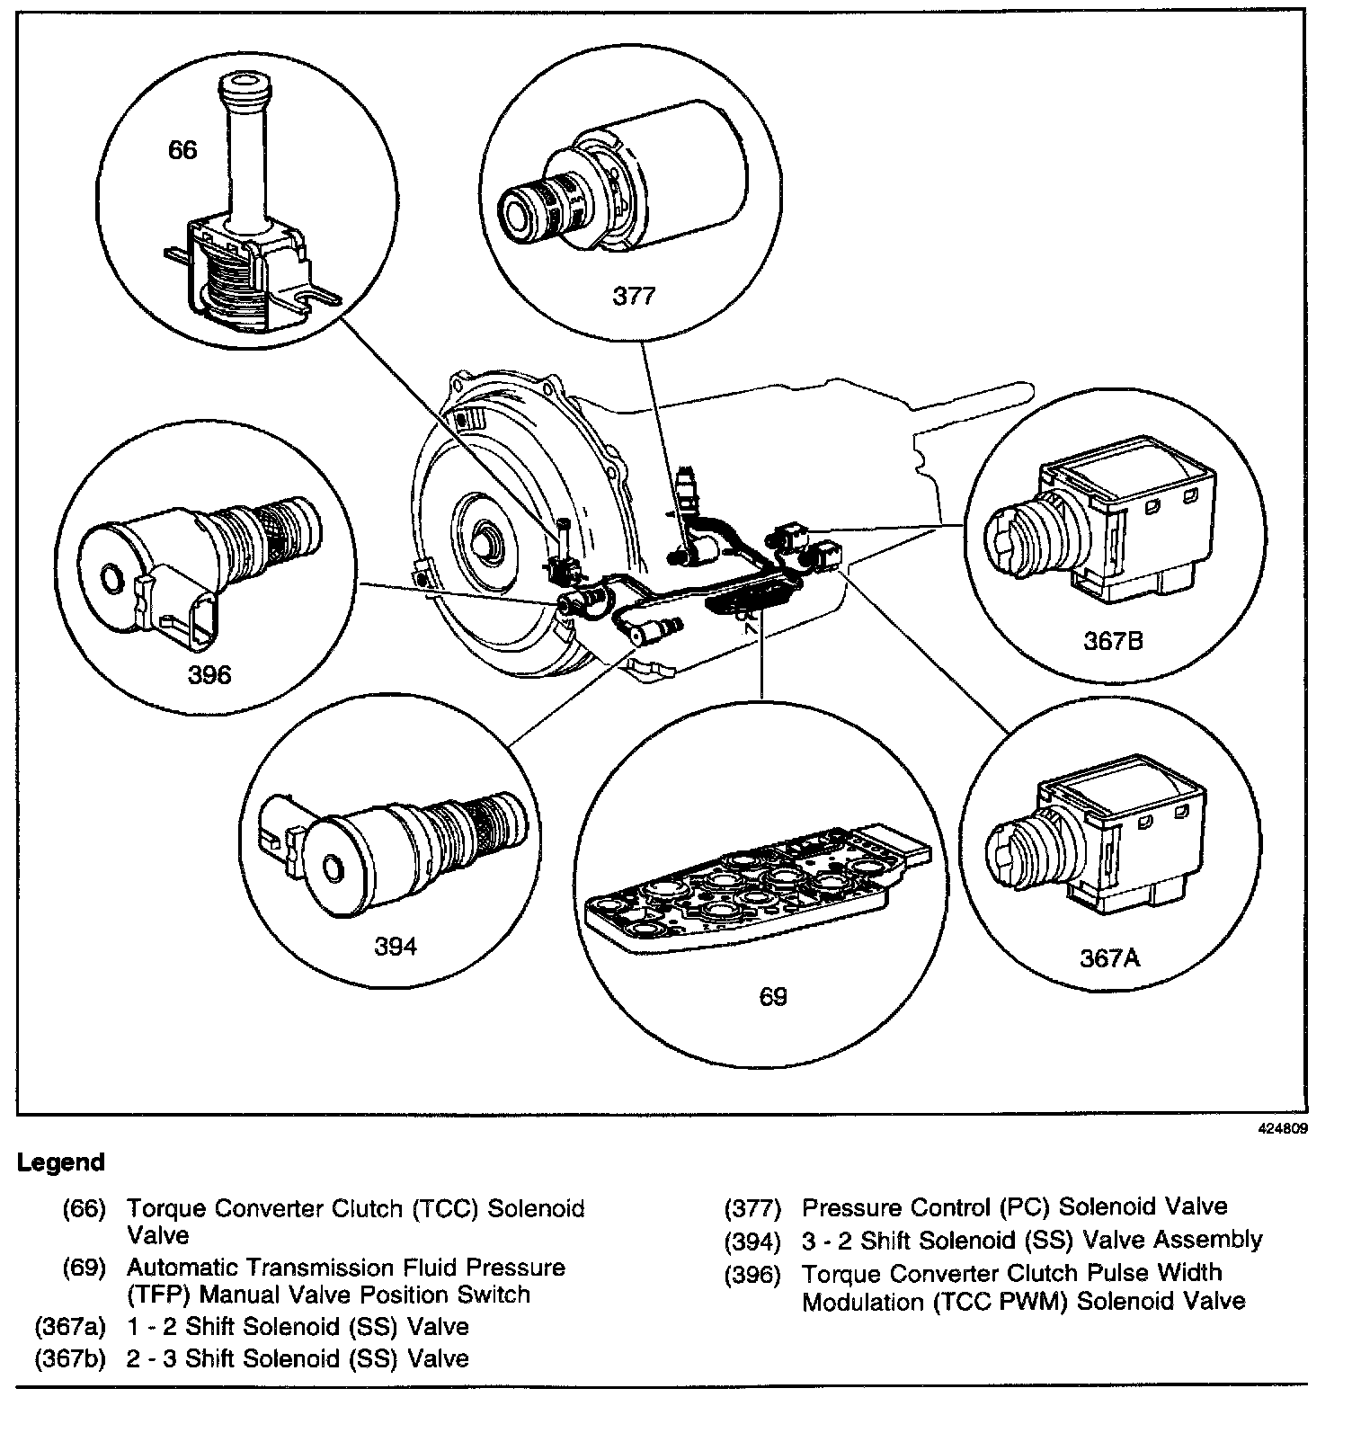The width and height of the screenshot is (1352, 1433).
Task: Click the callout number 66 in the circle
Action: [182, 149]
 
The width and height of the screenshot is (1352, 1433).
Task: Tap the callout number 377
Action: [634, 295]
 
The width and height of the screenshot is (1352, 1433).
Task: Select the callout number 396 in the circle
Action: [209, 674]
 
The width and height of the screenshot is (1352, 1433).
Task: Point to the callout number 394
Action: [396, 946]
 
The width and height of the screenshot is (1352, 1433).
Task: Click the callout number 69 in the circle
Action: [772, 996]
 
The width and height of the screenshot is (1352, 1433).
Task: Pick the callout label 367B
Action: [1113, 641]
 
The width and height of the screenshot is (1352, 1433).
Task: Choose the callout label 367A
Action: [1109, 958]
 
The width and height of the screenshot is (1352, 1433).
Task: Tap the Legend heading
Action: [60, 1162]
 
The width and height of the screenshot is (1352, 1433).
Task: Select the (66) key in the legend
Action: [84, 1208]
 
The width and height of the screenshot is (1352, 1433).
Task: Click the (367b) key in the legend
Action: [70, 1357]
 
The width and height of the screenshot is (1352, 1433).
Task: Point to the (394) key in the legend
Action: [753, 1242]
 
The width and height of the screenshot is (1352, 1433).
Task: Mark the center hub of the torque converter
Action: [486, 540]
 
